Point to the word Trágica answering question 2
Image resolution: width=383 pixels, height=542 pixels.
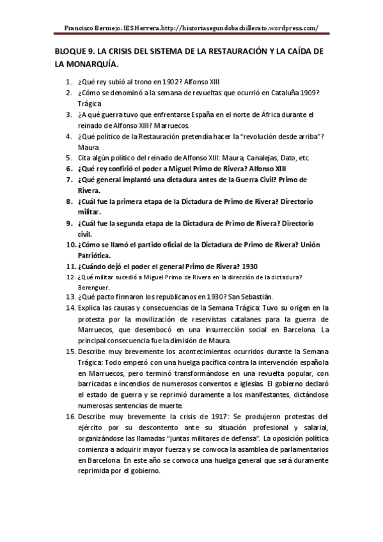pos(90,104)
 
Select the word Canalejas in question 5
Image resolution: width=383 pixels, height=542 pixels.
pos(258,157)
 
